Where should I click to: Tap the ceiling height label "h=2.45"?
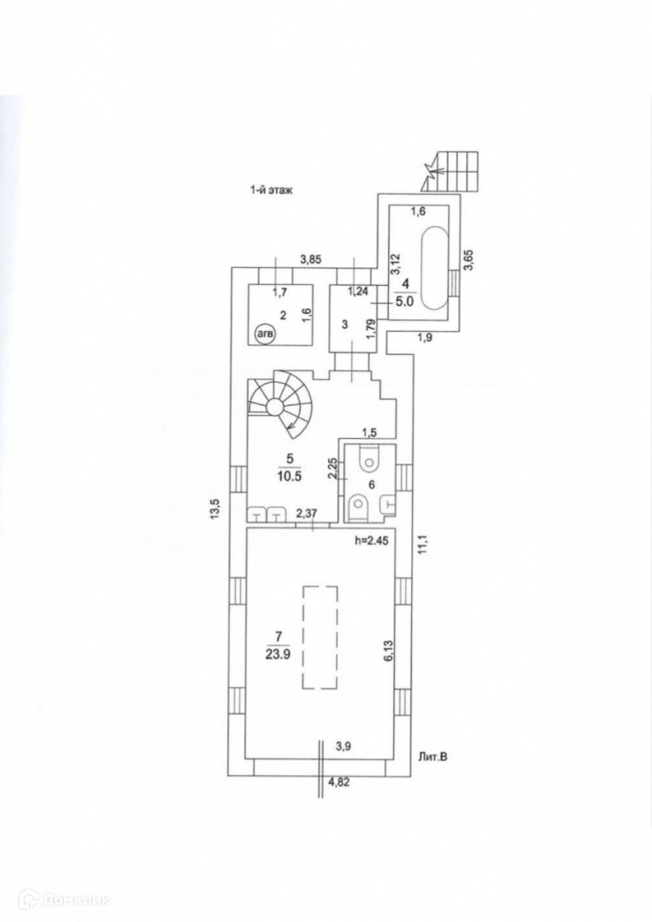[x=373, y=540]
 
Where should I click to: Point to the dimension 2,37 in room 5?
[x=306, y=513]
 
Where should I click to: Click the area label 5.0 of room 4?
[x=405, y=301]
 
